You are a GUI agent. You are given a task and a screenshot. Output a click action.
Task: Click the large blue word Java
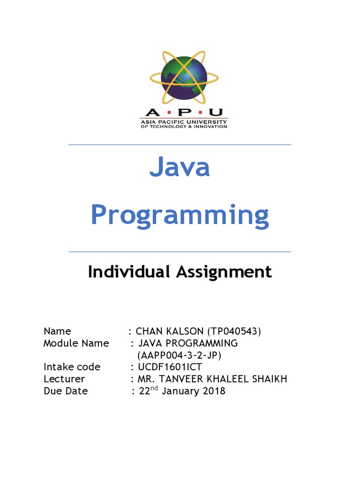tap(180, 168)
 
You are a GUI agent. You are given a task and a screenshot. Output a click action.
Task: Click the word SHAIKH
tap(268, 379)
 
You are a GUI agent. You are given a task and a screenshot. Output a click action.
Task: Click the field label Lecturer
tap(64, 379)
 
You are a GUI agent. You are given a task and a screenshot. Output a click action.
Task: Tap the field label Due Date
tap(66, 391)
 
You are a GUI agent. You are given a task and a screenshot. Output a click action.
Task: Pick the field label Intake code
tap(72, 367)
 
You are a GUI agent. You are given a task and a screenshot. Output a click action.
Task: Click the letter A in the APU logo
tap(151, 112)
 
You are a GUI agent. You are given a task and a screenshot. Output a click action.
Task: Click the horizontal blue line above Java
tap(180, 145)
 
